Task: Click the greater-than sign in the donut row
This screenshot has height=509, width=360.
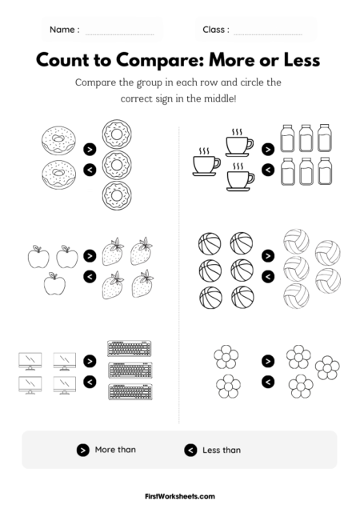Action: coord(89,149)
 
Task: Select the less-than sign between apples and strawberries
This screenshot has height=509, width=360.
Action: coord(89,276)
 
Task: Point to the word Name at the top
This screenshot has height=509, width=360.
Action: coord(64,30)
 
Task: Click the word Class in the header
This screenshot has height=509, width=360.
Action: coord(216,30)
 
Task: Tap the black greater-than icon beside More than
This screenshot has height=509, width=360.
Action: coord(82,451)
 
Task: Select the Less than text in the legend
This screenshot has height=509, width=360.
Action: coord(222,451)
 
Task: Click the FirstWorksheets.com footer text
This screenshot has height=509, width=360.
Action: coord(180,496)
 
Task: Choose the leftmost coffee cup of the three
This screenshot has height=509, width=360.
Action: coord(205,163)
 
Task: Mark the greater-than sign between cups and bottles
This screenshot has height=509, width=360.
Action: coord(267,149)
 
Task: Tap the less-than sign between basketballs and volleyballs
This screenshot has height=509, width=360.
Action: coord(267,276)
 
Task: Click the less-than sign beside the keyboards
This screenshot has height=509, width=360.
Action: coord(89,380)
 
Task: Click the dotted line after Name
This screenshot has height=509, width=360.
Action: coord(120,33)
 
